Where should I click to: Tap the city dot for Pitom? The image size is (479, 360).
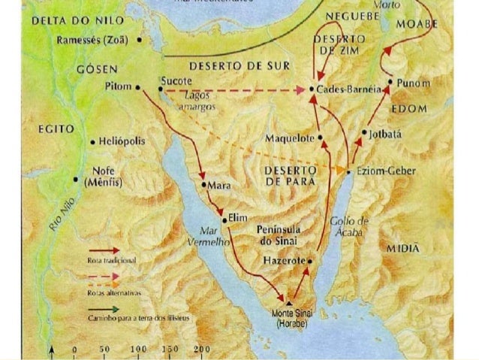139,87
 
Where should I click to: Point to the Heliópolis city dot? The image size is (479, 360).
92,141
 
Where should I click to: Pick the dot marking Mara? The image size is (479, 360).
203,184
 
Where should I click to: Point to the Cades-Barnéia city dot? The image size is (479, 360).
312,89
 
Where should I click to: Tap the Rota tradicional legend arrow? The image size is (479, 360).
104,250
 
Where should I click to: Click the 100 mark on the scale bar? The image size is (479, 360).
139,350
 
